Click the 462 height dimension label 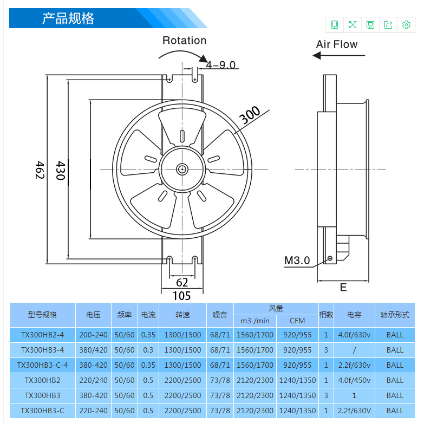[40, 170]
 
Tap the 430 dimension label [60, 171]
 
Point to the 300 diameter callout [250, 115]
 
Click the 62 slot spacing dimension [182, 282]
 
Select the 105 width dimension [182, 296]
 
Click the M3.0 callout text [297, 260]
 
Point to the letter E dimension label [343, 287]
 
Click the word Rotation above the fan [185, 40]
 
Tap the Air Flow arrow [339, 55]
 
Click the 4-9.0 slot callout [220, 64]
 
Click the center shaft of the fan [182, 170]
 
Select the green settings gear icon [406, 24]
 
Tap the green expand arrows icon [353, 24]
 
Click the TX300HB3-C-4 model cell [42, 365]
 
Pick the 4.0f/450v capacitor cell [354, 380]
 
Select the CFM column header [297, 321]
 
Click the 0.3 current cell [148, 350]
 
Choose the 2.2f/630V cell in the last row [354, 411]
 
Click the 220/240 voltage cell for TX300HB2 [93, 380]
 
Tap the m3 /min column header [255, 321]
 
